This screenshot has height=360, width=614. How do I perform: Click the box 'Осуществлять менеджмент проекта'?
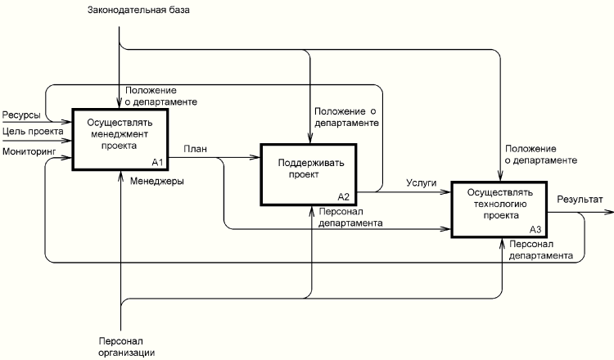(121, 139)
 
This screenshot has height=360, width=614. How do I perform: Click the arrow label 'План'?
(195, 148)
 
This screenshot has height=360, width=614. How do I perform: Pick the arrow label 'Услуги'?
(421, 183)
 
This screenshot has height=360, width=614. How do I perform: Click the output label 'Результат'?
(580, 199)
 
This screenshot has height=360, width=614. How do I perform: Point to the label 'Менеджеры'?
(156, 181)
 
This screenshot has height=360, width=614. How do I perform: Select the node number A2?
(344, 196)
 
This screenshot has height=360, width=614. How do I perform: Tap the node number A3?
(535, 229)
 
